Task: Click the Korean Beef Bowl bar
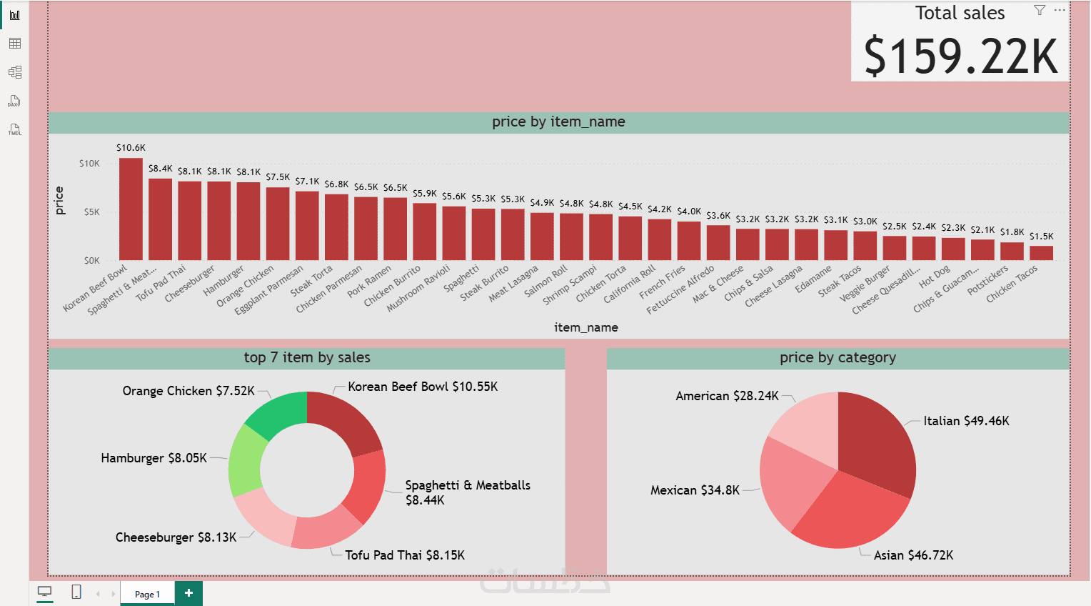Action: [131, 209]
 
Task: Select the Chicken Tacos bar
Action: [1041, 253]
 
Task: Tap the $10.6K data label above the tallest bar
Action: [131, 148]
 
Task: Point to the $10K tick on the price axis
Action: [90, 164]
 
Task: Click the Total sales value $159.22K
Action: [960, 56]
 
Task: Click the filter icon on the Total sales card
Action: [1040, 10]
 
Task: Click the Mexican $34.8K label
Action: [695, 490]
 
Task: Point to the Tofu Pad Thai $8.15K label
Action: [405, 555]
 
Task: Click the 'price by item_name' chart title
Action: [558, 122]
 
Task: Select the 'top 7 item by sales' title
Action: [307, 358]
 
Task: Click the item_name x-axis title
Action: [586, 327]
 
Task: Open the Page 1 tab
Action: [148, 594]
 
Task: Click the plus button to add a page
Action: [188, 593]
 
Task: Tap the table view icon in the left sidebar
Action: [15, 44]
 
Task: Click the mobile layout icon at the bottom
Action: [76, 592]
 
